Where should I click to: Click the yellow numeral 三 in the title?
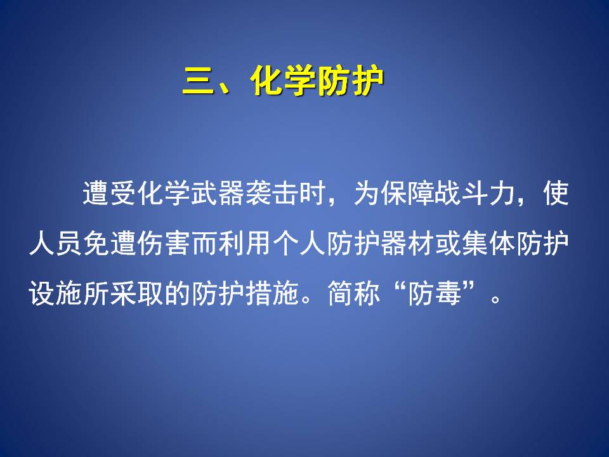tap(198, 81)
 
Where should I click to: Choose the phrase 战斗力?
tap(475, 193)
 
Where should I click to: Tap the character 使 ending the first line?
tap(556, 193)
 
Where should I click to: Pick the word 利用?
tap(245, 244)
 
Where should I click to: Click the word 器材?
tap(407, 244)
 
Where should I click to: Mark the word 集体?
tap(488, 244)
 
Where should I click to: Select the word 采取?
tap(137, 293)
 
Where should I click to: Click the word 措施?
tap(272, 293)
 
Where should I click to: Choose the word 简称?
tap(353, 293)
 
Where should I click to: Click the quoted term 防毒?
tap(435, 293)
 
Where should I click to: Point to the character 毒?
tap(449, 293)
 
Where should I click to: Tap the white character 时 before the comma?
tap(313, 193)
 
